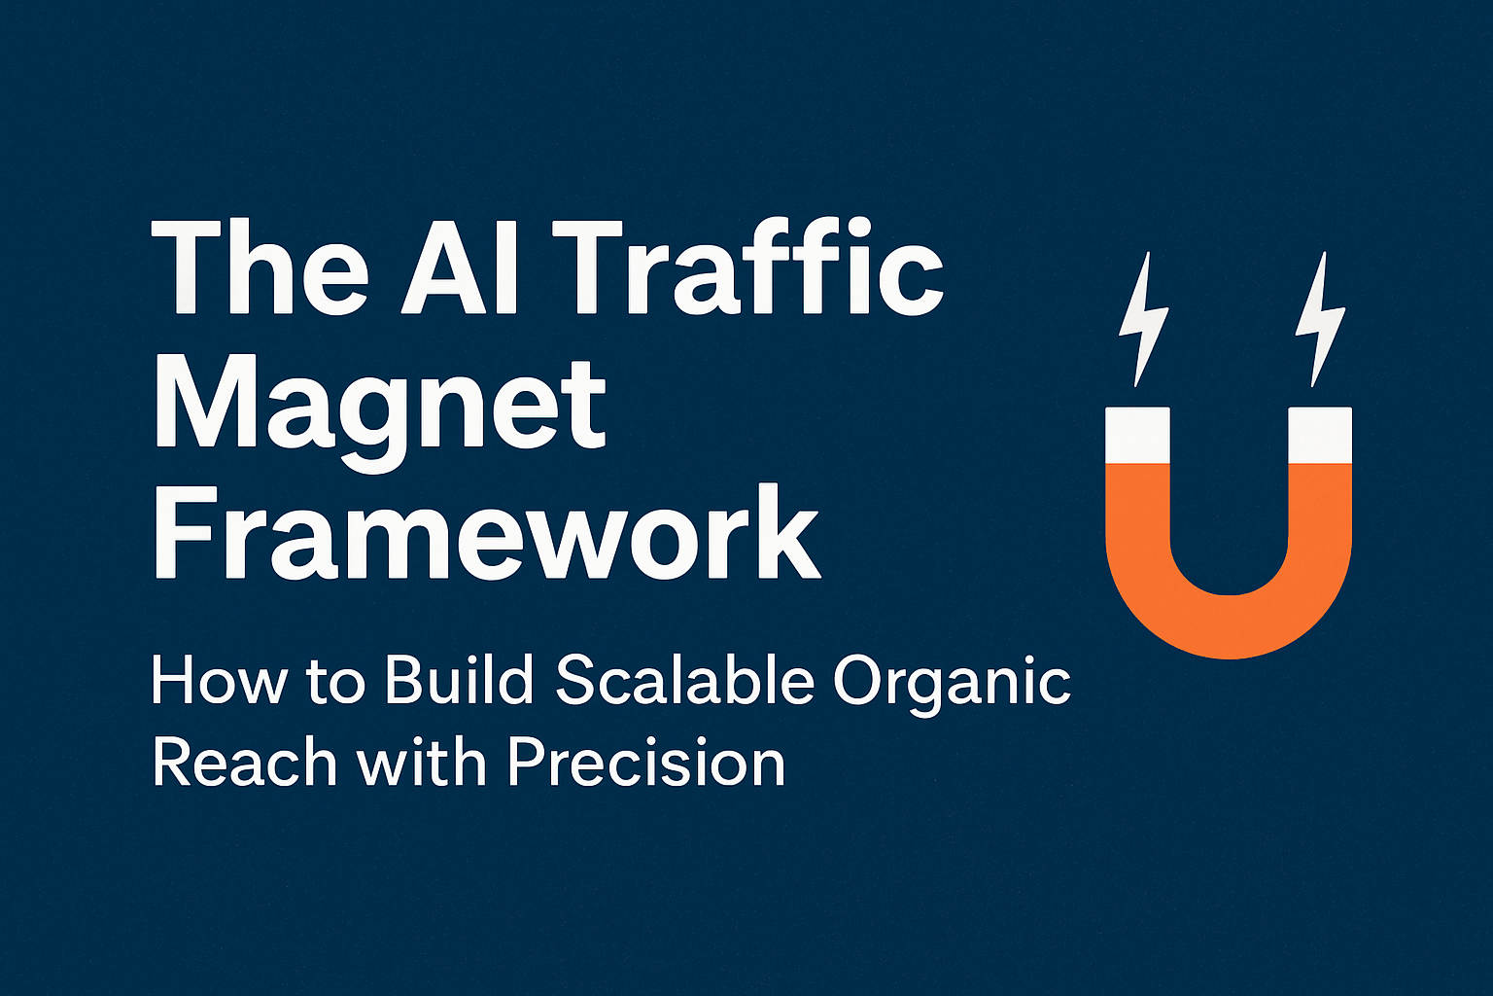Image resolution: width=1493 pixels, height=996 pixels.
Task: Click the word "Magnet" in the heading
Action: [x=380, y=404]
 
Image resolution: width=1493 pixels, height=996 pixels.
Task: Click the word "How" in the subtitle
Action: [x=220, y=682]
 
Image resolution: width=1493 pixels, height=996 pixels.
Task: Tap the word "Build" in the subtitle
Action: [x=460, y=682]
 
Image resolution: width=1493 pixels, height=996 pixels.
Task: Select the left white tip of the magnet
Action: [x=1137, y=435]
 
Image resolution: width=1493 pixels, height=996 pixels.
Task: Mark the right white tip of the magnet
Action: [x=1320, y=435]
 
